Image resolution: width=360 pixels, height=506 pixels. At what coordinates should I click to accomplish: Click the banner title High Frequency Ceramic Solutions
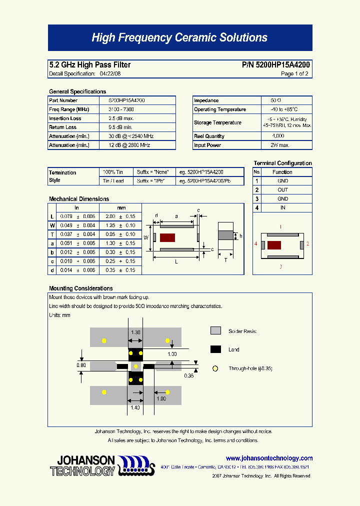point(179,38)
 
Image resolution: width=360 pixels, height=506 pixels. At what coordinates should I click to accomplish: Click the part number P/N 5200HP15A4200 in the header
point(276,65)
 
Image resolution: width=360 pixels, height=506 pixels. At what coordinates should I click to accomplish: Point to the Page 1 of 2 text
point(294,73)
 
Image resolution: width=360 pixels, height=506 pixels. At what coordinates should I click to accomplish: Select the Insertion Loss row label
point(65,118)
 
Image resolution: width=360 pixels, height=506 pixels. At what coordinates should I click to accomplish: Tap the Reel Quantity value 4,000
point(278,136)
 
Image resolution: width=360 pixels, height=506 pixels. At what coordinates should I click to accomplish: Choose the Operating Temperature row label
point(220,109)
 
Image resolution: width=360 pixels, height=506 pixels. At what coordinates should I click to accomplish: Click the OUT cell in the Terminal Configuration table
point(283,190)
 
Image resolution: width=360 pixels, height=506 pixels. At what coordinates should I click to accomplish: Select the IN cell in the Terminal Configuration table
point(283,207)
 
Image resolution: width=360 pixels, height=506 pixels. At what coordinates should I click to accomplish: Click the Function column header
point(283,172)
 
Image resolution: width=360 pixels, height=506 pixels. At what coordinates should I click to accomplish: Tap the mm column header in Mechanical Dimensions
point(121,207)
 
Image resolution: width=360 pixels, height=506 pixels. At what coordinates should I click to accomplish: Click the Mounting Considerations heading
point(81,288)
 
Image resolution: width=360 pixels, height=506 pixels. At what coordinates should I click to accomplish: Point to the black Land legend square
point(215,349)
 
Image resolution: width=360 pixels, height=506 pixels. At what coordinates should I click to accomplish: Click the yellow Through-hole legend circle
point(215,368)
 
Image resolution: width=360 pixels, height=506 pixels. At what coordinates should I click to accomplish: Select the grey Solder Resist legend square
point(215,330)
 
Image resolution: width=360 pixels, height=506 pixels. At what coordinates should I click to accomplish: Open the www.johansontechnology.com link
point(269,458)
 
